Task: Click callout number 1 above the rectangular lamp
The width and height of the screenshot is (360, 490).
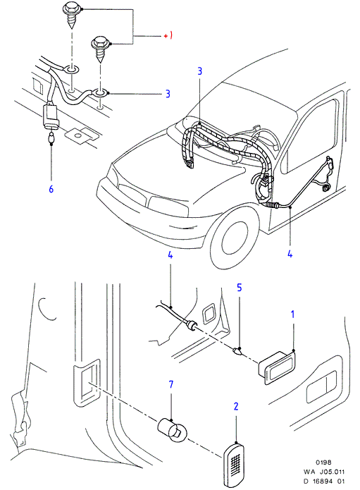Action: pyautogui.click(x=292, y=314)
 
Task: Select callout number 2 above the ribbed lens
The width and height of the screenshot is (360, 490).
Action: pyautogui.click(x=236, y=406)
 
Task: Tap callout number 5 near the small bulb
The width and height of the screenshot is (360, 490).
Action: pyautogui.click(x=239, y=288)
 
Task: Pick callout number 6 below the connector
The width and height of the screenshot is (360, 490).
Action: pyautogui.click(x=51, y=189)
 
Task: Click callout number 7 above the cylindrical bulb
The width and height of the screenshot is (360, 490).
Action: pyautogui.click(x=170, y=384)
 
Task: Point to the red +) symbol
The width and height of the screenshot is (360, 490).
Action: pyautogui.click(x=168, y=36)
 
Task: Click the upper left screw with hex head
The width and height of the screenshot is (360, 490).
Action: pyautogui.click(x=71, y=14)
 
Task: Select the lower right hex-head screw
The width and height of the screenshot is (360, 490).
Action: pyautogui.click(x=100, y=49)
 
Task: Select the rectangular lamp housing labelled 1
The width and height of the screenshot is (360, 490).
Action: pyautogui.click(x=278, y=367)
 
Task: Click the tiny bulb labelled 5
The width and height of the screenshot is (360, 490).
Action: pyautogui.click(x=238, y=352)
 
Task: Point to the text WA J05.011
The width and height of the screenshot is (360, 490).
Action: pyautogui.click(x=324, y=472)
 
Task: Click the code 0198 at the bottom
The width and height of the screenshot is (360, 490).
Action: pyautogui.click(x=323, y=463)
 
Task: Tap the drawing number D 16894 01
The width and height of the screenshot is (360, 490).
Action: pyautogui.click(x=324, y=482)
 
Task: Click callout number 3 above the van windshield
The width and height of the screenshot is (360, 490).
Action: pyautogui.click(x=200, y=71)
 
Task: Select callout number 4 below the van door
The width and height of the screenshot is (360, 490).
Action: pyautogui.click(x=290, y=254)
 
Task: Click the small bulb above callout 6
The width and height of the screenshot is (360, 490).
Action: pyautogui.click(x=51, y=137)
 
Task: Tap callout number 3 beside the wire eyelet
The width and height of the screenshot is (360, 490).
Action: pyautogui.click(x=168, y=94)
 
